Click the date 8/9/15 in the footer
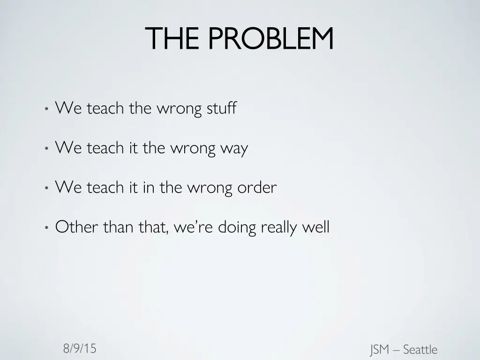[x=80, y=348]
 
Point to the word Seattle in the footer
[x=420, y=350]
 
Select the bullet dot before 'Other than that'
[x=46, y=228]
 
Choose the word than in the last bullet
[x=119, y=227]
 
